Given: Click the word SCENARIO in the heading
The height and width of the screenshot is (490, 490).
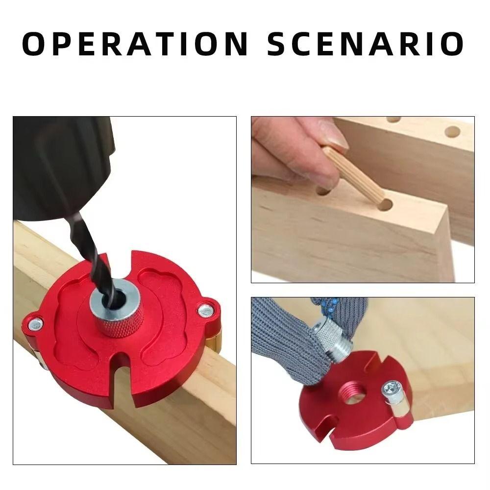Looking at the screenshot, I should point(366,44).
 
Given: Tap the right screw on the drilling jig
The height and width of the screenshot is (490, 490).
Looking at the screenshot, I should point(204,309).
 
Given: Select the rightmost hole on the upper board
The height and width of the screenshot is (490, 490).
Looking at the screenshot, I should point(452,132).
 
